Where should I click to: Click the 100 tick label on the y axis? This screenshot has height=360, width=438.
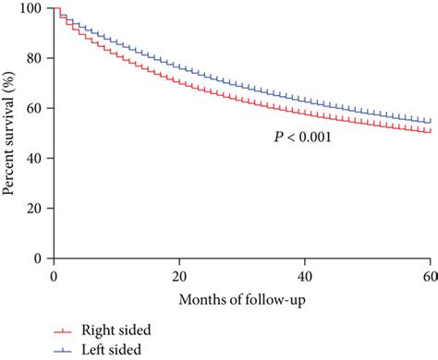pos(34,8)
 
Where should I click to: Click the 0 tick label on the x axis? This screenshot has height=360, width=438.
pos(54,276)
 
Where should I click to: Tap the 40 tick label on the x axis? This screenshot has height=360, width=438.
pos(305,276)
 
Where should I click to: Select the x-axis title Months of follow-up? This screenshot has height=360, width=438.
pos(241,300)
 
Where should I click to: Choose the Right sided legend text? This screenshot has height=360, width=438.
pos(116,330)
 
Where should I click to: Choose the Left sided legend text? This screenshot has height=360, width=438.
pos(112,348)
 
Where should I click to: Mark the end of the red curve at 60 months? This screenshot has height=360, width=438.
pos(430,132)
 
